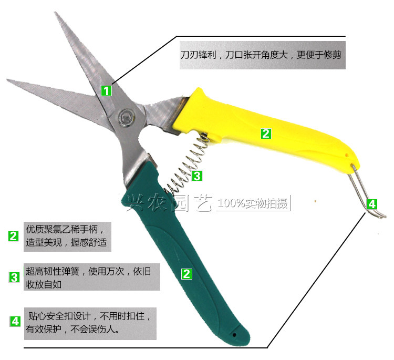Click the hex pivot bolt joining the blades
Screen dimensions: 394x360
click(127, 117)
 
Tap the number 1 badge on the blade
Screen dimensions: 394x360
click(106, 90)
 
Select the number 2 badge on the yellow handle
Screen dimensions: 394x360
click(266, 133)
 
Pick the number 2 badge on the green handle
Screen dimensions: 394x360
click(186, 274)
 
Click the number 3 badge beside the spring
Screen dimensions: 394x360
click(197, 176)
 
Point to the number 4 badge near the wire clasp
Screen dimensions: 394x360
click(372, 204)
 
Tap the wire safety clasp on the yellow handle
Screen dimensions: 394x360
click(366, 191)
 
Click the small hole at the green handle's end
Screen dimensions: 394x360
click(234, 335)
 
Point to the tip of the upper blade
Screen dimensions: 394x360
click(55, 12)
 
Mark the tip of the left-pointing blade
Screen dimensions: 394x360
click(7, 80)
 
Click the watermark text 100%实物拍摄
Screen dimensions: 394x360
click(253, 203)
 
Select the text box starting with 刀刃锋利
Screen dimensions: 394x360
click(263, 55)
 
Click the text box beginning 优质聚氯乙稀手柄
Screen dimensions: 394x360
click(67, 236)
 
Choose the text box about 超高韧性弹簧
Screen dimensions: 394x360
click(92, 277)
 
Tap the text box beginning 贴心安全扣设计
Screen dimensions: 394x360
click(90, 324)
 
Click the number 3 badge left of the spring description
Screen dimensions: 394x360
click(14, 277)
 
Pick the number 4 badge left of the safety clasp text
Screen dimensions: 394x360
click(15, 321)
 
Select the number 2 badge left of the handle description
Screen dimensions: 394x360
click(13, 236)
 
